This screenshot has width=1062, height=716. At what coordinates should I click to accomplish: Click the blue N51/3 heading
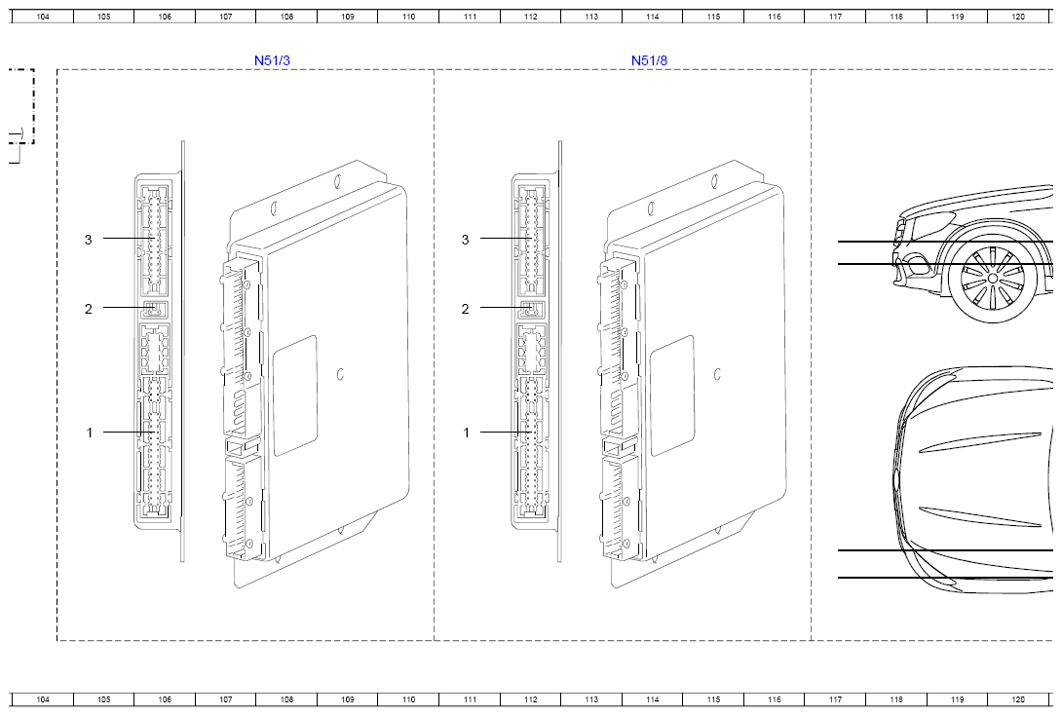click(x=272, y=60)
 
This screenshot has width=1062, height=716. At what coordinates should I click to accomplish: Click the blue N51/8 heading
click(x=649, y=60)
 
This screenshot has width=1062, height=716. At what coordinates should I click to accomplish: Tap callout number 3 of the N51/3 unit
click(x=88, y=239)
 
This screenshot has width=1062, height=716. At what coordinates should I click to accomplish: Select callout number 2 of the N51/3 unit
click(x=88, y=309)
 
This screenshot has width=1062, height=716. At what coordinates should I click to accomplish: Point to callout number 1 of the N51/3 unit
click(x=89, y=433)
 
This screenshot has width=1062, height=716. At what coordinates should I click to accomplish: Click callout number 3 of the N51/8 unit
click(x=466, y=239)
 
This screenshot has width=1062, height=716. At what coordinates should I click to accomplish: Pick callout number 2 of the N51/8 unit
click(x=466, y=309)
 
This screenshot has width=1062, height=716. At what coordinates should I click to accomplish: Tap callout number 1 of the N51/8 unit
click(x=466, y=433)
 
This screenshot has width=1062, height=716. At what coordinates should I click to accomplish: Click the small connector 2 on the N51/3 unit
click(x=154, y=310)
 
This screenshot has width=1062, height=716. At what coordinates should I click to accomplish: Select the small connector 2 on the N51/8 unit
click(x=532, y=310)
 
